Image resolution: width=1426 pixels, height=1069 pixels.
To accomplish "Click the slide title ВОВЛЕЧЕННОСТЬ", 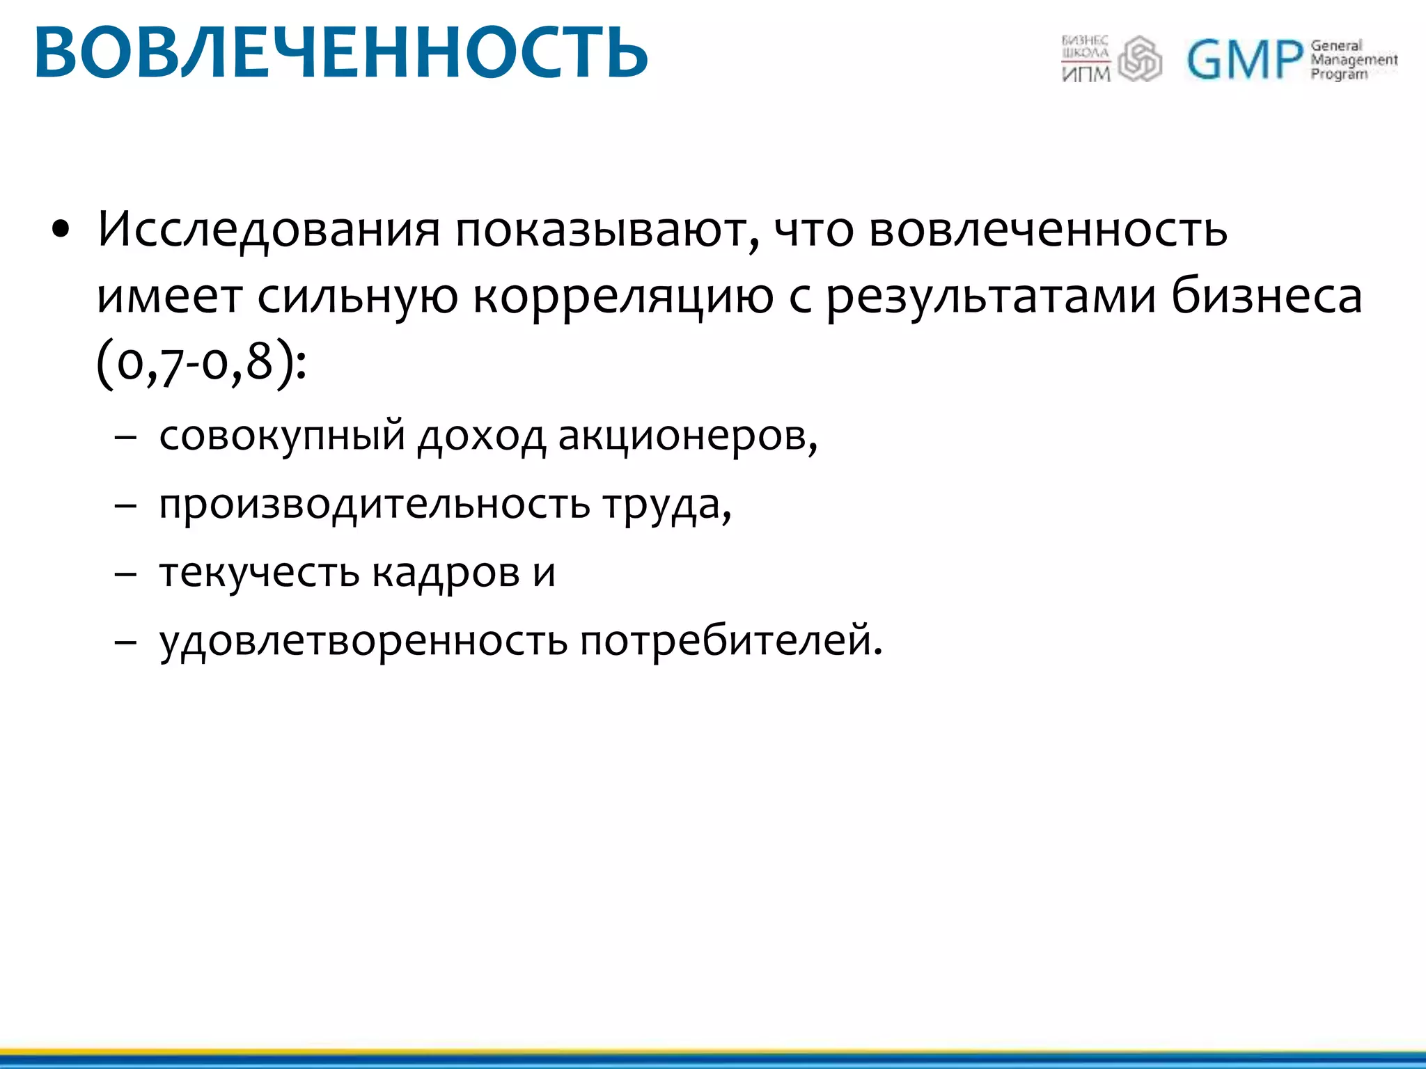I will (340, 53).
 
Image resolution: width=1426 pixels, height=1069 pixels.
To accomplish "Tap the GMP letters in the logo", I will (1244, 60).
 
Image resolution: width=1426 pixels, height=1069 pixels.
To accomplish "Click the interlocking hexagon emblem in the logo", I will (1140, 59).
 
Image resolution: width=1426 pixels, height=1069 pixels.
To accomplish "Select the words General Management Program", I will (1353, 60).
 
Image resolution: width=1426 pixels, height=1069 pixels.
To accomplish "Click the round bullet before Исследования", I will (61, 230).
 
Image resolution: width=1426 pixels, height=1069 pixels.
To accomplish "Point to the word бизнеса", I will (1266, 296).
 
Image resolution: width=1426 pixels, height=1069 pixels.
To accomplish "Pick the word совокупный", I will (282, 436).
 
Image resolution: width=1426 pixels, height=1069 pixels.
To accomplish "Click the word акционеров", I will (687, 436).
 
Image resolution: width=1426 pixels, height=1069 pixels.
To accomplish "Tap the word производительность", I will (375, 504).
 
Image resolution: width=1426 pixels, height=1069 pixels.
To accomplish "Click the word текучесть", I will (260, 572).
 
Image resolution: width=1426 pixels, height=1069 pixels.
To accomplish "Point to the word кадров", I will (446, 572).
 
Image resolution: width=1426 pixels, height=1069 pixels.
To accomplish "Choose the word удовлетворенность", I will (363, 640).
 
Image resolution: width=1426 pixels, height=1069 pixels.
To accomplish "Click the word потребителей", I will (730, 640).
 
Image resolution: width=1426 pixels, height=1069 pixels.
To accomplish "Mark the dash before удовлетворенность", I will (125, 642).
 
